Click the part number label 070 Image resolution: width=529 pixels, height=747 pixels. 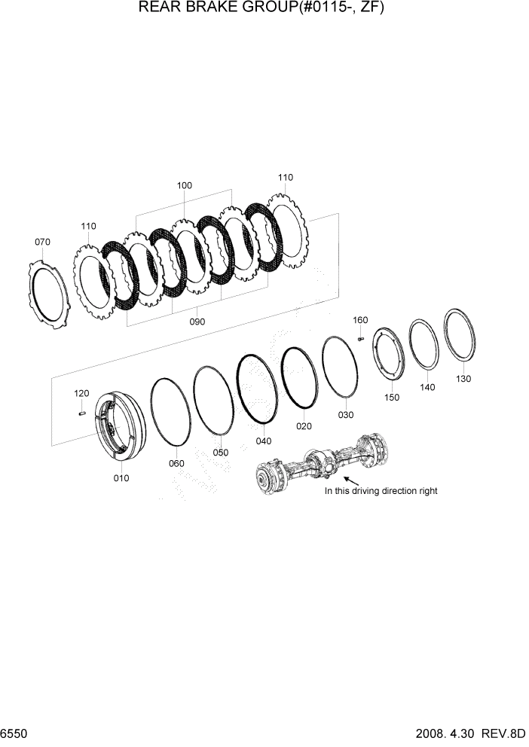click(43, 242)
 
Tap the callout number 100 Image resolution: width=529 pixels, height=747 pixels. click(185, 185)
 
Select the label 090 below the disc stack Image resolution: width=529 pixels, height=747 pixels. click(197, 322)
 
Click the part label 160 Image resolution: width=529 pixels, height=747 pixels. click(360, 320)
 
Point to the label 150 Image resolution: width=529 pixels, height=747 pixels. click(392, 397)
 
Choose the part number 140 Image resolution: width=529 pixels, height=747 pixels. click(428, 387)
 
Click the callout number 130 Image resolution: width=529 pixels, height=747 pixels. click(463, 379)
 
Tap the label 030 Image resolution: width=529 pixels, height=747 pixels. click(345, 415)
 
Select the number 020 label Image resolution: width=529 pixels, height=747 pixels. click(304, 426)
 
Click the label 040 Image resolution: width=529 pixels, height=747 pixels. click(264, 441)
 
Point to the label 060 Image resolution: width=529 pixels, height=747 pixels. click(176, 463)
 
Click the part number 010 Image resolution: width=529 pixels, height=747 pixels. click(121, 478)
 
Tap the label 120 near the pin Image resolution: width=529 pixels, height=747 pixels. click(81, 393)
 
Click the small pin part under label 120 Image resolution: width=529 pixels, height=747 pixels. click(82, 411)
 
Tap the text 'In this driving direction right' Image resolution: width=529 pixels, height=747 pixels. click(381, 491)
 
